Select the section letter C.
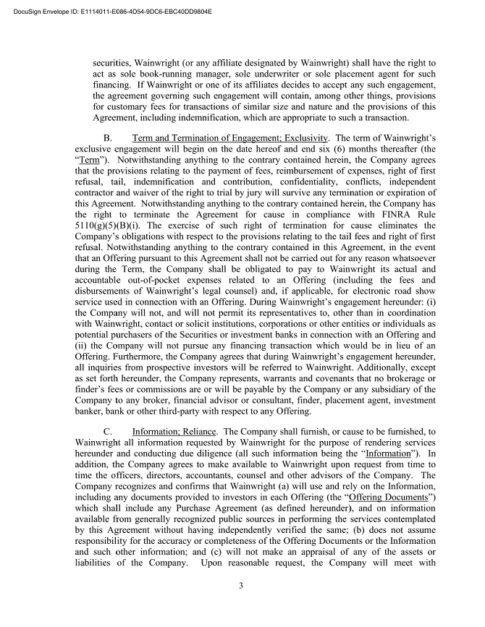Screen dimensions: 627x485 click(108, 430)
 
